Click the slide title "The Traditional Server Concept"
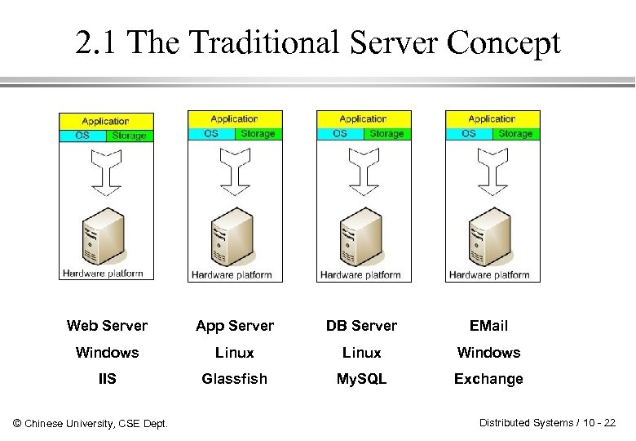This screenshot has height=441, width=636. click(x=318, y=43)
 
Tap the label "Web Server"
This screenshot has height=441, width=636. click(x=107, y=326)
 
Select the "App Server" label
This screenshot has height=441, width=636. click(x=235, y=326)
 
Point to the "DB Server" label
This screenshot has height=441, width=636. click(x=361, y=326)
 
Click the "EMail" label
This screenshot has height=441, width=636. click(x=488, y=326)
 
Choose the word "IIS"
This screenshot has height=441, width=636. click(x=107, y=379)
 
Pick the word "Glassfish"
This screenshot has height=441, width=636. click(x=235, y=379)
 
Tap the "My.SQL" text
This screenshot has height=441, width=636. click(x=361, y=379)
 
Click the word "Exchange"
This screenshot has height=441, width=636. click(x=488, y=379)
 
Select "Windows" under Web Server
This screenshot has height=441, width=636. click(x=107, y=353)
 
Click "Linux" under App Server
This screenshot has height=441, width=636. click(x=235, y=353)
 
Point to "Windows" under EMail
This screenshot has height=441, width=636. click(x=488, y=353)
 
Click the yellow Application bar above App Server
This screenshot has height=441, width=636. click(x=235, y=119)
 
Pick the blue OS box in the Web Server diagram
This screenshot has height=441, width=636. click(x=82, y=136)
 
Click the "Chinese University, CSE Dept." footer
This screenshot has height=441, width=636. click(x=91, y=423)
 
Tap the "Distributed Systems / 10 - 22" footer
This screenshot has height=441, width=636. click(x=547, y=422)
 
